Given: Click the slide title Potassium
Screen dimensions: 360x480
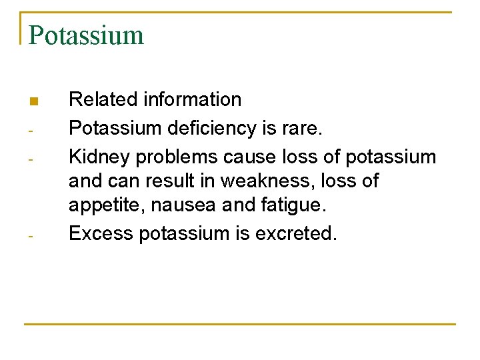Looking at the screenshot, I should pos(86,35).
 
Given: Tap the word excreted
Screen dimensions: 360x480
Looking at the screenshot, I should pos(300,233).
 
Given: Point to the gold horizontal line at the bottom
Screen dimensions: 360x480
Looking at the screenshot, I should pos(240,325).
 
